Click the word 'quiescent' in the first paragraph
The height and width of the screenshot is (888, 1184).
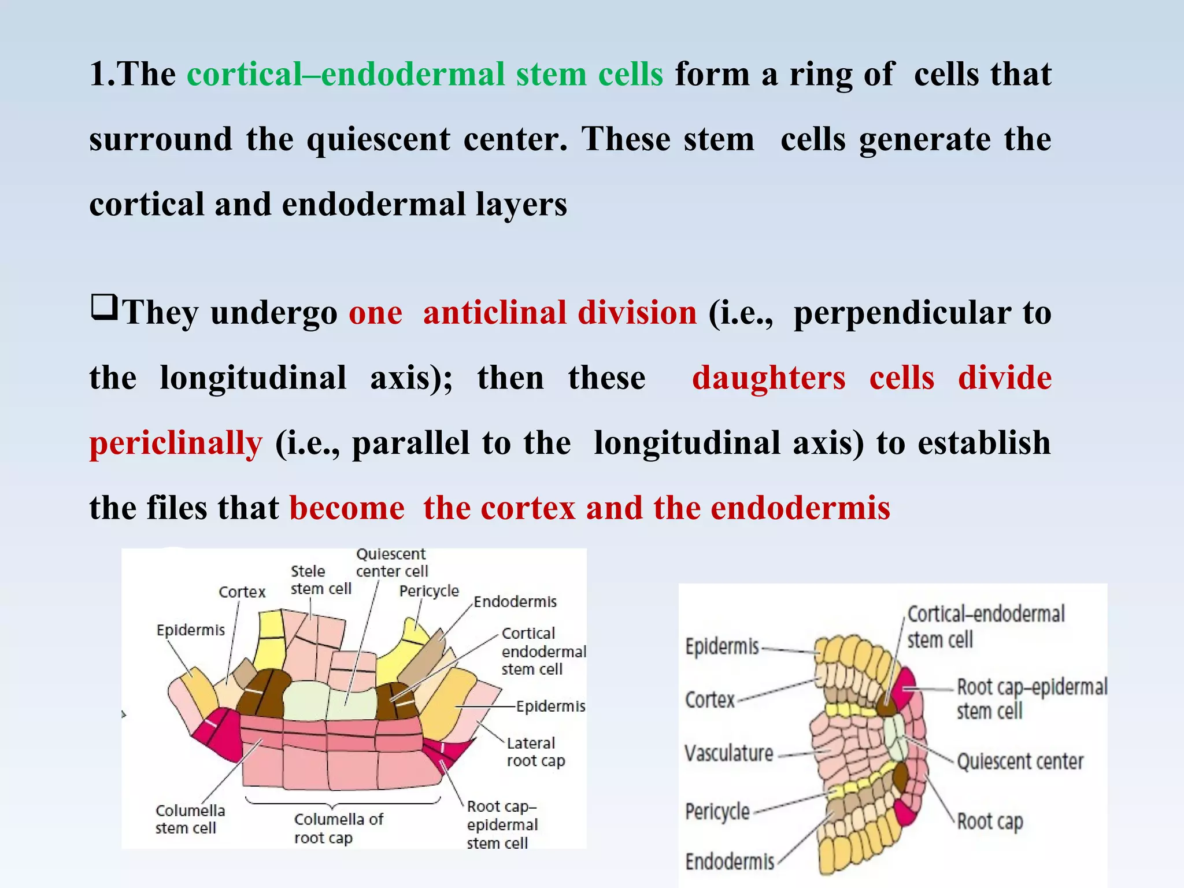point(378,140)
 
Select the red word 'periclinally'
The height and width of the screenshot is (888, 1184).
point(176,443)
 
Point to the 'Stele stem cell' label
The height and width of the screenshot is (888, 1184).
point(321,580)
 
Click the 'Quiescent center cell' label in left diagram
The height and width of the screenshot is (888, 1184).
point(391,563)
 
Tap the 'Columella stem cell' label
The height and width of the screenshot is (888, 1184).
point(190,819)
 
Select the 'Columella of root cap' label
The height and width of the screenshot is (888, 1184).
point(338,828)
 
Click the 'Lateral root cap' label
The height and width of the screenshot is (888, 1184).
point(535,752)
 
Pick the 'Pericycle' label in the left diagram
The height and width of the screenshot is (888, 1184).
point(428,591)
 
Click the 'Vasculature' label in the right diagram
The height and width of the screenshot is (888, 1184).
point(728,753)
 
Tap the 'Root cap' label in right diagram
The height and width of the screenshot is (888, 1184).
point(990,821)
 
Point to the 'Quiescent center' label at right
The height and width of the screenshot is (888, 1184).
point(1020,761)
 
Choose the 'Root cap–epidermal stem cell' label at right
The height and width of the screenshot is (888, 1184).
point(1031,698)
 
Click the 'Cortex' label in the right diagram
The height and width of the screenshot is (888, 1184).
point(709,700)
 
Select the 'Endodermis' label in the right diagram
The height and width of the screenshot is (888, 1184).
point(730,861)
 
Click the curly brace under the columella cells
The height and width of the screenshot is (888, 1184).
point(343,802)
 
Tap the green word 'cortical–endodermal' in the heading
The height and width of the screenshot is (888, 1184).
point(346,75)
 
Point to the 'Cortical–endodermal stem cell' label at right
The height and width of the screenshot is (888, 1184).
point(985,626)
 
